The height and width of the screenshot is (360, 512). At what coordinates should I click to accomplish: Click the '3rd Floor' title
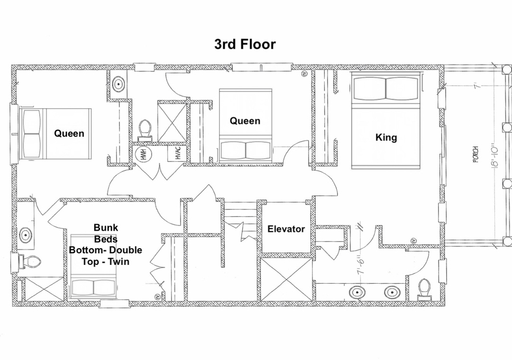point(245,44)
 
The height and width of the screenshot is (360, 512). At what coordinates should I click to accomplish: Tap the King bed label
point(386,137)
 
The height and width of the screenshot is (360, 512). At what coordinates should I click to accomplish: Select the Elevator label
point(286,229)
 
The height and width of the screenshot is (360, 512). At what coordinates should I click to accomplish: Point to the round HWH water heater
point(142,154)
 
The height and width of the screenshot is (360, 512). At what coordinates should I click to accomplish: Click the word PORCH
point(475,154)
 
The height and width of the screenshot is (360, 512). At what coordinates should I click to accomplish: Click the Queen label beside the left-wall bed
point(69,133)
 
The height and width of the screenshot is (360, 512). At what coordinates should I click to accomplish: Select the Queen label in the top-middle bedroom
point(245,121)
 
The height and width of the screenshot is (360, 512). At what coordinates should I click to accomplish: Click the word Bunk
point(106,227)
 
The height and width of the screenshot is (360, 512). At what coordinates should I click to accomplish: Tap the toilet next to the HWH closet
point(145,130)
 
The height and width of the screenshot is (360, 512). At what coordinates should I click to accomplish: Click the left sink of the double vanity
point(357,292)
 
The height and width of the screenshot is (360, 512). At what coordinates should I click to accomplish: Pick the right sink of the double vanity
point(392,292)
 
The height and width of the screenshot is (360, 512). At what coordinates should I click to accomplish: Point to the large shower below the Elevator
point(286,279)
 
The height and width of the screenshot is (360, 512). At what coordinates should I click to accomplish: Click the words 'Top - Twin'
point(105,261)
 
